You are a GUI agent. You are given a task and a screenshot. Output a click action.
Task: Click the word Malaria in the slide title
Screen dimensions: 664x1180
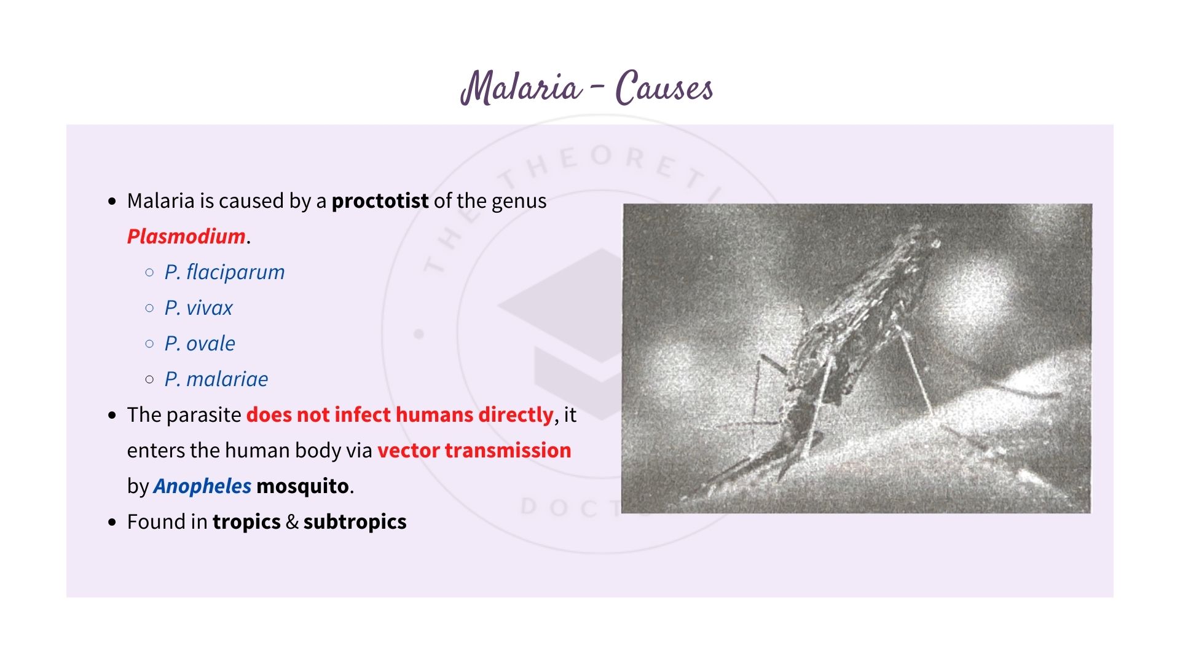click(x=521, y=88)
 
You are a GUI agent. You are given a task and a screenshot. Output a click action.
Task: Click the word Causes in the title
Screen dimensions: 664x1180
click(x=664, y=88)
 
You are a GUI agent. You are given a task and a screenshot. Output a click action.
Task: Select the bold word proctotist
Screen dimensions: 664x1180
click(x=380, y=201)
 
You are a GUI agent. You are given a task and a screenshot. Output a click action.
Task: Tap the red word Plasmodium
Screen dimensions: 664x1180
click(x=186, y=237)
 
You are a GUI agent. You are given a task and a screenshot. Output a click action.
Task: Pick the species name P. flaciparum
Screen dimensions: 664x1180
click(x=224, y=272)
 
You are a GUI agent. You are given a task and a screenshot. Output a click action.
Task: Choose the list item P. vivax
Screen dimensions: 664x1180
click(x=199, y=308)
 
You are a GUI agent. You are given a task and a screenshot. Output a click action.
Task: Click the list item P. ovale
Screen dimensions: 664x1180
click(x=200, y=344)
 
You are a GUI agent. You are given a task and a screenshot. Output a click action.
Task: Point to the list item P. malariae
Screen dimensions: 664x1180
click(x=216, y=379)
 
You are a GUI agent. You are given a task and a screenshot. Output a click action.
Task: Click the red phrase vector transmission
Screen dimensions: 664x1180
click(x=474, y=451)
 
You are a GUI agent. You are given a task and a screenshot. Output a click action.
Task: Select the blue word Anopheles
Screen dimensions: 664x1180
click(x=202, y=486)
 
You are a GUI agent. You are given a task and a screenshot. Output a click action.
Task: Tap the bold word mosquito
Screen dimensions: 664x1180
click(x=302, y=486)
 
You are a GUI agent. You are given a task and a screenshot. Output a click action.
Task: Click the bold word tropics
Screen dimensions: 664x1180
click(x=246, y=522)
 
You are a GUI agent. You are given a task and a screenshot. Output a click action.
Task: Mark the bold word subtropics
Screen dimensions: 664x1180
click(x=355, y=522)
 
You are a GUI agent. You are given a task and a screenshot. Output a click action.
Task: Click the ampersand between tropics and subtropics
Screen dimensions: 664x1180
click(x=292, y=522)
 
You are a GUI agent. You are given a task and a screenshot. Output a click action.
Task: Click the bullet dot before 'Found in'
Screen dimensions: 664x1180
click(x=112, y=523)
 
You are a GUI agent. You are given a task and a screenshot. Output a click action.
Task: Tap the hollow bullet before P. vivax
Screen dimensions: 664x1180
click(x=149, y=308)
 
